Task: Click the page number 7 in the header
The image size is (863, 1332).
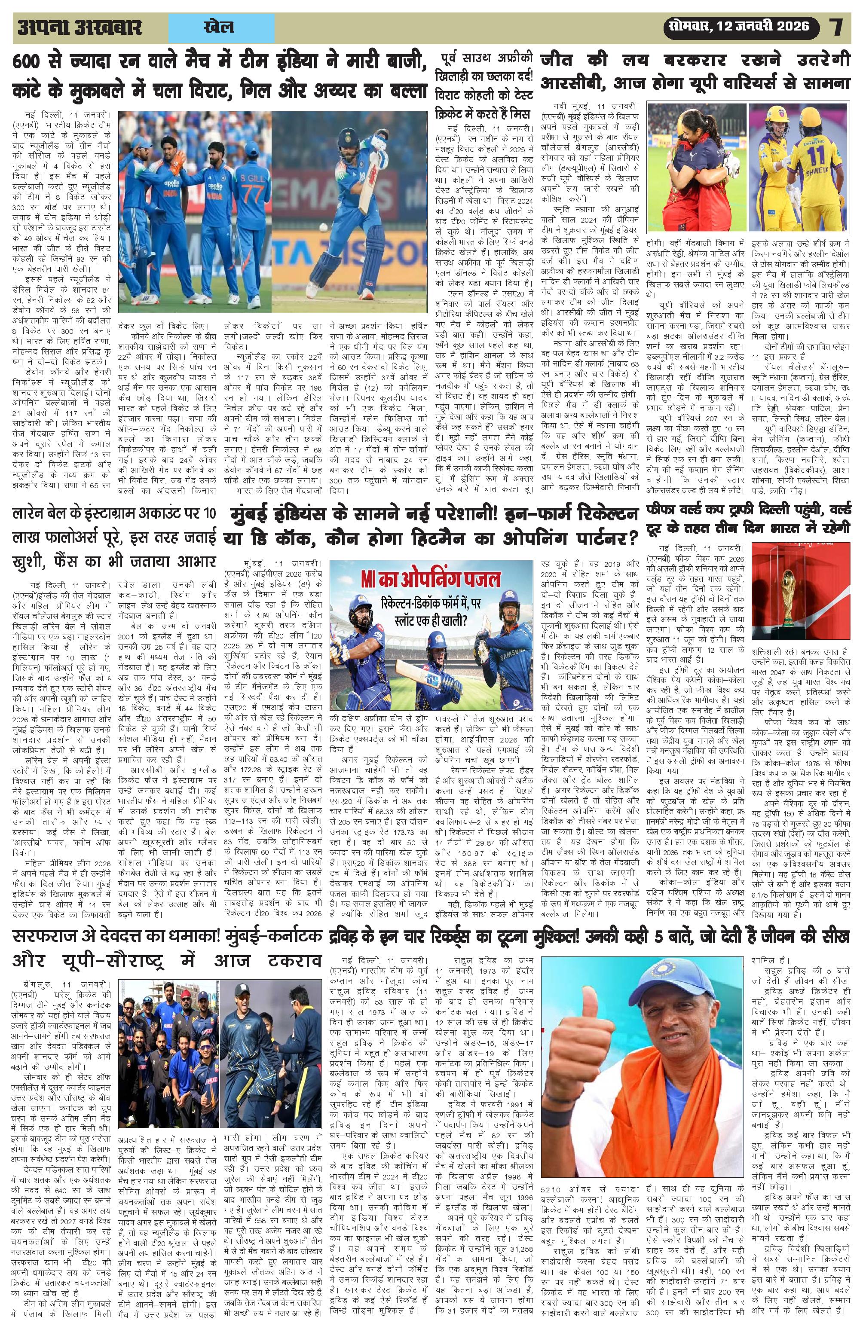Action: (836, 27)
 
